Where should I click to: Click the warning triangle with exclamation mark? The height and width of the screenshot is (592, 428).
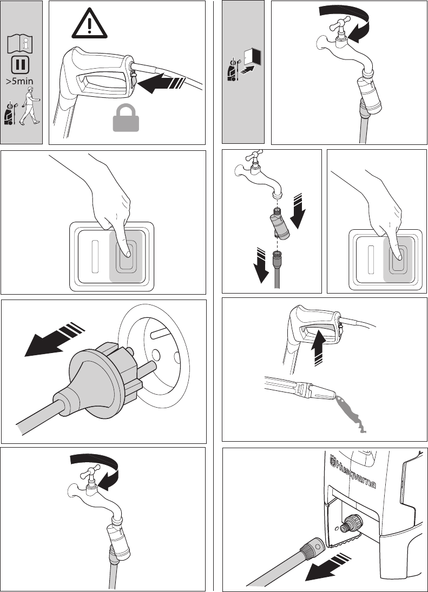[x=89, y=24]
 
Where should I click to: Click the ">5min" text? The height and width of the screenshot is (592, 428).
[x=19, y=81]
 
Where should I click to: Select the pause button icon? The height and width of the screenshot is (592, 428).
[x=19, y=64]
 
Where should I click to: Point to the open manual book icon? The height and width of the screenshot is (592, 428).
[x=19, y=44]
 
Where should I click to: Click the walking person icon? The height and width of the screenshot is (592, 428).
[x=29, y=106]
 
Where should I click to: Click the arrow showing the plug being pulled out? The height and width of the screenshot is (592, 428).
[x=55, y=339]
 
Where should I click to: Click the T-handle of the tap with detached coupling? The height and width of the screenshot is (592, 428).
[x=254, y=155]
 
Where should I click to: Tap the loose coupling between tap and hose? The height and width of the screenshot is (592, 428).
[x=279, y=224]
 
